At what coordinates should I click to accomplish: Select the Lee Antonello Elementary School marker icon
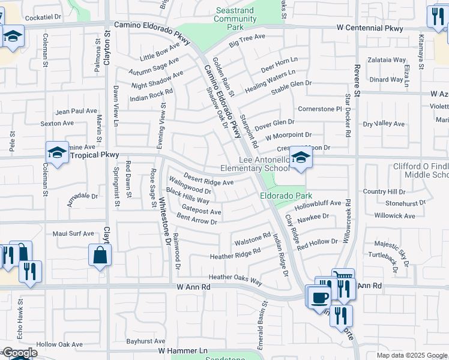tap(300, 158)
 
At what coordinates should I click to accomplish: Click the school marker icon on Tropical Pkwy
tap(57, 154)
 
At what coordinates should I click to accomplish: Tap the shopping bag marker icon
tap(100, 255)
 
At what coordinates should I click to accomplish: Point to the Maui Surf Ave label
tap(73, 233)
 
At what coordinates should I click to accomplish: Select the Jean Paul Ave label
tap(76, 111)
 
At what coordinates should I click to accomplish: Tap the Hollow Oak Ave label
tap(59, 344)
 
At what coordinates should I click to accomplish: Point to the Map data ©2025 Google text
tap(411, 355)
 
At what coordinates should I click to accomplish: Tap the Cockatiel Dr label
tap(42, 17)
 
